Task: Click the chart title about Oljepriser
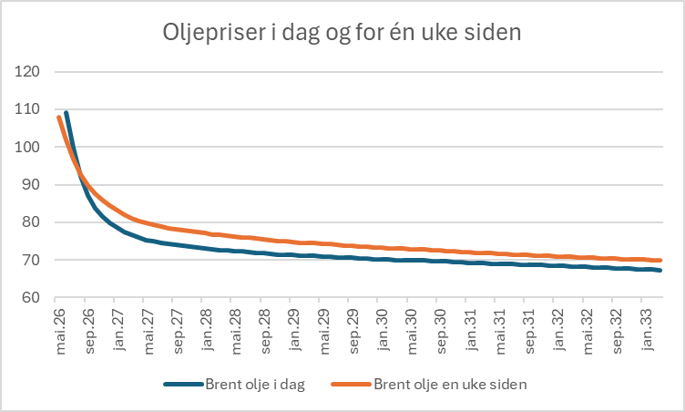(342, 34)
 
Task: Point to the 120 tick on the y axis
(27, 71)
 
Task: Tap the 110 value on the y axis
(27, 108)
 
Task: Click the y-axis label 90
(31, 184)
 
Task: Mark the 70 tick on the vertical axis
(31, 260)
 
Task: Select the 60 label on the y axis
(31, 298)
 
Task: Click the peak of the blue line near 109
(66, 112)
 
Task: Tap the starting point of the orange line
(58, 117)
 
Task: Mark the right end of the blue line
(659, 271)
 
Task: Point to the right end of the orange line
(659, 261)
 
